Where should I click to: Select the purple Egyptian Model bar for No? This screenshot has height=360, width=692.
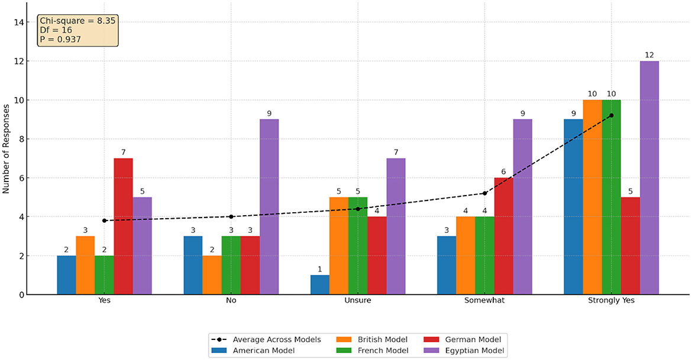pyautogui.click(x=269, y=207)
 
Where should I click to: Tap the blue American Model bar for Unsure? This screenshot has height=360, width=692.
pyautogui.click(x=320, y=285)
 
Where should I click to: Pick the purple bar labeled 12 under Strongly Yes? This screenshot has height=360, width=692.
pyautogui.click(x=649, y=177)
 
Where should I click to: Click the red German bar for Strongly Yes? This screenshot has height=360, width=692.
pyautogui.click(x=630, y=246)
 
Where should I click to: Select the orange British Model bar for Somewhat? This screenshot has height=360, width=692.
pyautogui.click(x=465, y=255)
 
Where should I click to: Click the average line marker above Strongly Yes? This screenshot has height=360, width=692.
pyautogui.click(x=611, y=115)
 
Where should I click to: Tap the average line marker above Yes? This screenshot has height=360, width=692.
pyautogui.click(x=105, y=220)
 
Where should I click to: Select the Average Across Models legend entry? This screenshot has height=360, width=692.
pyautogui.click(x=268, y=339)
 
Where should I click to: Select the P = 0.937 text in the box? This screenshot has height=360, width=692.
pyautogui.click(x=60, y=40)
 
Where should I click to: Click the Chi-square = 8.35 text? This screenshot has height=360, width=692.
pyautogui.click(x=77, y=21)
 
